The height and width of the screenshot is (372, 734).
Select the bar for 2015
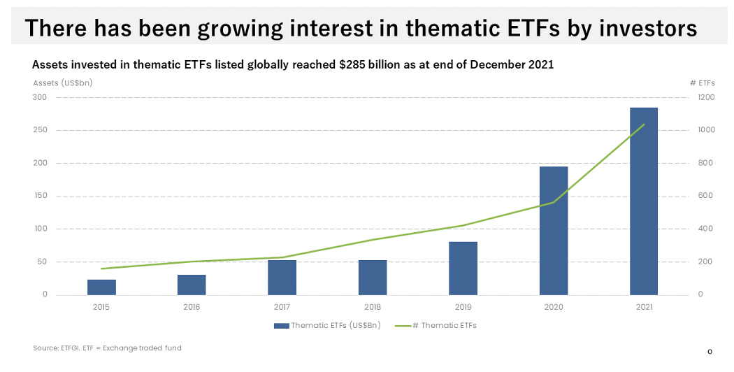click(x=101, y=287)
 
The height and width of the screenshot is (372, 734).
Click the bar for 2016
click(x=192, y=285)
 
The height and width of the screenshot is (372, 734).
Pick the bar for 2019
click(x=463, y=268)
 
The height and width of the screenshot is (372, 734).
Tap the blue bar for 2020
click(x=554, y=231)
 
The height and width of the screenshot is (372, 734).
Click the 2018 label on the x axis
click(x=373, y=306)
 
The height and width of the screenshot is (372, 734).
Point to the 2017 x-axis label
click(x=282, y=306)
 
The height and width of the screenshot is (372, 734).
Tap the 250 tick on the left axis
click(x=41, y=130)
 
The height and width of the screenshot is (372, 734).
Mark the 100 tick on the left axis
click(x=41, y=229)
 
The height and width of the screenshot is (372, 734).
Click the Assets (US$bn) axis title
click(x=62, y=83)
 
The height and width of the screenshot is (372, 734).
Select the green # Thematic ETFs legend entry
click(x=436, y=325)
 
